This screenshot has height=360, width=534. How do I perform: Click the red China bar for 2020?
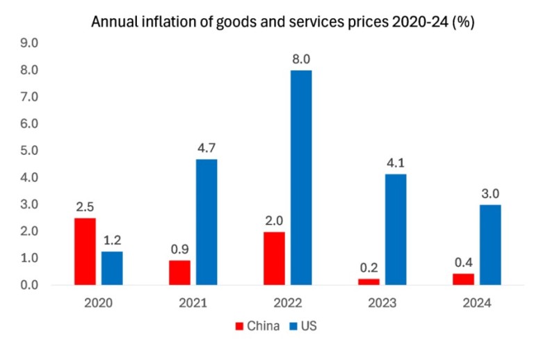(x=85, y=251)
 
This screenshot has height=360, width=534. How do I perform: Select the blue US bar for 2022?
(x=301, y=177)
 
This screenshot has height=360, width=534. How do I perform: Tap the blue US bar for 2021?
(x=207, y=222)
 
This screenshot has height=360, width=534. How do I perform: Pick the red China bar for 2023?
(x=369, y=281)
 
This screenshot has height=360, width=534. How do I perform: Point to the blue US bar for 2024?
(x=490, y=245)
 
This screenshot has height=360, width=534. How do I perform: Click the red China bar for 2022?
(x=274, y=258)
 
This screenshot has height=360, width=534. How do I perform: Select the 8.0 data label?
(x=301, y=60)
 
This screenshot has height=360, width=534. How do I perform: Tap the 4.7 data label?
(x=207, y=149)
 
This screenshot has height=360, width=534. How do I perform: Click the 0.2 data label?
(x=369, y=268)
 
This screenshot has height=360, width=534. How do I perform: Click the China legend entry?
(x=259, y=325)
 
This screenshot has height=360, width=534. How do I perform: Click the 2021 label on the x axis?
(x=193, y=303)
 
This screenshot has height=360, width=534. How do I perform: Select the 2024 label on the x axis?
(x=476, y=303)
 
